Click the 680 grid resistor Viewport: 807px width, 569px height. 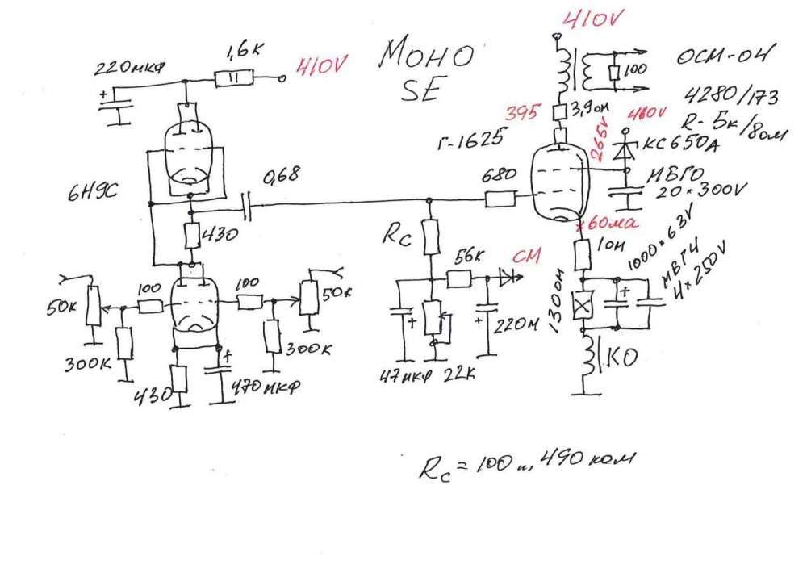pos(499,199)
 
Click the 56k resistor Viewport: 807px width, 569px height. pos(459,278)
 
